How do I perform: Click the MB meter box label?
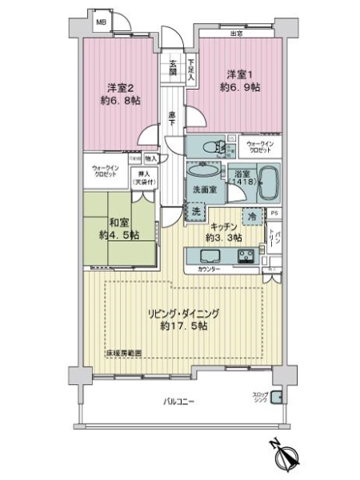[102, 22]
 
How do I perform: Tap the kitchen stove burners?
[246, 257]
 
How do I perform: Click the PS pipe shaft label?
[274, 213]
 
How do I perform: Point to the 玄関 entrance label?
[171, 69]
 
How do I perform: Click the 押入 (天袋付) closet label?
[144, 178]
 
